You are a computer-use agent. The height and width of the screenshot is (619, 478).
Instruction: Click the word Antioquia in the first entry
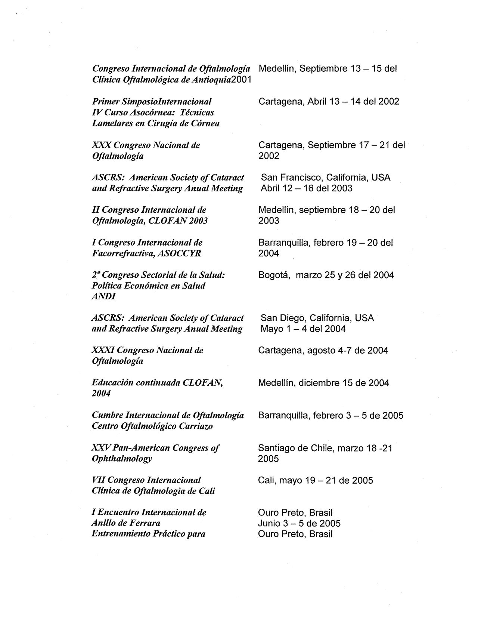pyautogui.click(x=212, y=80)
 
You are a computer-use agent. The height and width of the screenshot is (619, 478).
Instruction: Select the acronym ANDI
pyautogui.click(x=104, y=296)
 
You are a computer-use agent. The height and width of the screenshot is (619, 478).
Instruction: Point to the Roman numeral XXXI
pyautogui.click(x=103, y=351)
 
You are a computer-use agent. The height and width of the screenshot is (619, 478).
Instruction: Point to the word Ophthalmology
pyautogui.click(x=122, y=459)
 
